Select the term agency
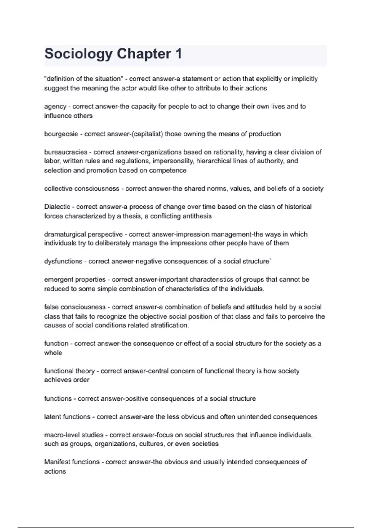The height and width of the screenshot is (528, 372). pos(55,107)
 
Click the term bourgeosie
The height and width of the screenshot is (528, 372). pos(61,134)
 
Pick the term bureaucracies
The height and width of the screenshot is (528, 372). pos(66,152)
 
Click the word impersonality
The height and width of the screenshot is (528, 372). pos(173,161)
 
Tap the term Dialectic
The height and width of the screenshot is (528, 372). pos(57,207)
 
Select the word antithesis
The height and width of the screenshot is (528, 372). pos(196,216)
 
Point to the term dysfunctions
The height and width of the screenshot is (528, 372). pos(63,262)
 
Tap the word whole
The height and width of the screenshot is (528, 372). pos(53,353)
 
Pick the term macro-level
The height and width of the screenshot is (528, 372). pos(61,435)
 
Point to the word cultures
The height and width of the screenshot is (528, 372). pos(152,444)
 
